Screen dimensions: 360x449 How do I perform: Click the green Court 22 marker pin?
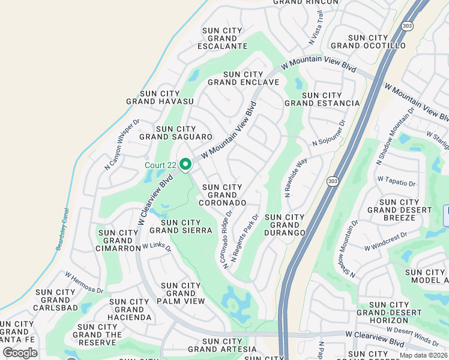pyautogui.click(x=185, y=164)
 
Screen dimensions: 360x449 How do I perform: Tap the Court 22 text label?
pyautogui.click(x=160, y=165)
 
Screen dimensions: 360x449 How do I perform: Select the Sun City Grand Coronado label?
pyautogui.click(x=224, y=195)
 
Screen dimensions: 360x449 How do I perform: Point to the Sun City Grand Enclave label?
pyautogui.click(x=243, y=78)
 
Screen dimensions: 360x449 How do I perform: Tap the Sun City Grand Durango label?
pyautogui.click(x=285, y=224)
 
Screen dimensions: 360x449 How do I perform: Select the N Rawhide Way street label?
pyautogui.click(x=295, y=178)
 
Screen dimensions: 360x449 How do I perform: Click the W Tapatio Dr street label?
pyautogui.click(x=396, y=179)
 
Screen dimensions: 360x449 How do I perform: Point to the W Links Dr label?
pyautogui.click(x=157, y=247)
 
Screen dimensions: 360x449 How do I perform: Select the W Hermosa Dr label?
pyautogui.click(x=84, y=282)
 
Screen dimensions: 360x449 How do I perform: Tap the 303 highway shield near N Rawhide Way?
pyautogui.click(x=331, y=181)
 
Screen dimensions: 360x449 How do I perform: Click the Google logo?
pyautogui.click(x=20, y=353)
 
